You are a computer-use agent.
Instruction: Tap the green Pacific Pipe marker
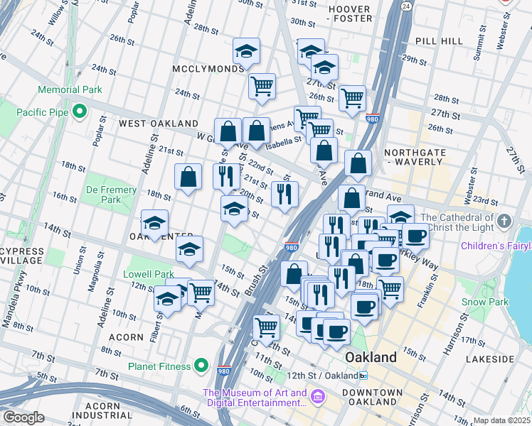coord(80,112)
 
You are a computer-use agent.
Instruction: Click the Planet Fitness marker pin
coord(203,367)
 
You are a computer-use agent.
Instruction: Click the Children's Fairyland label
coord(496,247)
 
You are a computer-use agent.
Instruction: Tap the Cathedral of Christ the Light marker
coord(504,220)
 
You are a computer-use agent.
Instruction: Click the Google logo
coord(23,417)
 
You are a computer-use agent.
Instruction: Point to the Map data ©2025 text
coord(501,420)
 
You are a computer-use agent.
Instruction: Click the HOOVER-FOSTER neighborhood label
coord(349,14)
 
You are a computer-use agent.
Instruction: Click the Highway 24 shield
coord(405,6)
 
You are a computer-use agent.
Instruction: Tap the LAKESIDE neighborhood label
coord(491,359)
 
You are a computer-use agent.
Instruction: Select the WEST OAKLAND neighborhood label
coord(148,124)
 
